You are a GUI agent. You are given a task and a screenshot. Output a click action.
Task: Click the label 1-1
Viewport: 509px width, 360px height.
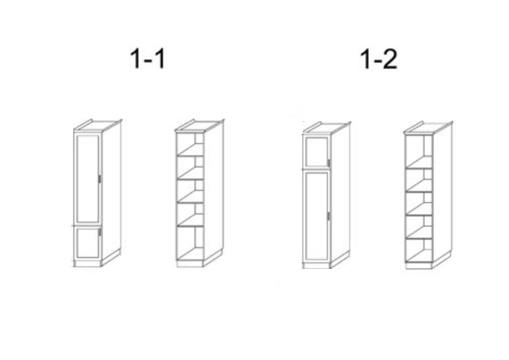point(148,59)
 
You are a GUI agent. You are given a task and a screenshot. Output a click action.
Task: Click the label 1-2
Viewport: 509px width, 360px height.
point(379,60)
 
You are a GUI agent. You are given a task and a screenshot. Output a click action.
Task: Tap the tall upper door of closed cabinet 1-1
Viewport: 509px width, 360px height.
point(88,179)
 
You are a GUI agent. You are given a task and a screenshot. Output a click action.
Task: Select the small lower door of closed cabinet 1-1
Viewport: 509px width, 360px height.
point(88,243)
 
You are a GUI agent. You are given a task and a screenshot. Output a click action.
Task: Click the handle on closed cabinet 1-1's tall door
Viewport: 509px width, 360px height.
point(99,179)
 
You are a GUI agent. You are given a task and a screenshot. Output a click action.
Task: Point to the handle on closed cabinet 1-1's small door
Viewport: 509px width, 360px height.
point(99,232)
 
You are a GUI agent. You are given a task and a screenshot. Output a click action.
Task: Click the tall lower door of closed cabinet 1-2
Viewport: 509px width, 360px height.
point(317,216)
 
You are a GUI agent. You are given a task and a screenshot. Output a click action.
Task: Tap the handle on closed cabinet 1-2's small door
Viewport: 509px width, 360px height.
point(328,163)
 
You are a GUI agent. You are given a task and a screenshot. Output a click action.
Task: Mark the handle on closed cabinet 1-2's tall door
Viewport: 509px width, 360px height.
point(328,216)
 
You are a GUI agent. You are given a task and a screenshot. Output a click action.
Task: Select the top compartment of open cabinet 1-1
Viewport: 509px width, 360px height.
point(190,144)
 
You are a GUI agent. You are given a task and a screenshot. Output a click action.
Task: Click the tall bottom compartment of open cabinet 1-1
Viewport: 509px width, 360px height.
point(190,243)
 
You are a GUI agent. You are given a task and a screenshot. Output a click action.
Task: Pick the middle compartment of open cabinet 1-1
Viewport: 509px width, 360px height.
point(190,190)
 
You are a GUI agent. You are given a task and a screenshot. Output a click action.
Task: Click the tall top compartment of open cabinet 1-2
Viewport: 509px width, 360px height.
point(419,151)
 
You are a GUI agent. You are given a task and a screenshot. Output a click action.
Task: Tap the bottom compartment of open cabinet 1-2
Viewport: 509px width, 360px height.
point(419,251)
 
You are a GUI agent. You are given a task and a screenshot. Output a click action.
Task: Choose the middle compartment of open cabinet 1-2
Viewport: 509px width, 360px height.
point(419,204)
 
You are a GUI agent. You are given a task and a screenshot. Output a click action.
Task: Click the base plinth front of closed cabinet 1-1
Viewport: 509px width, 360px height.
point(88,264)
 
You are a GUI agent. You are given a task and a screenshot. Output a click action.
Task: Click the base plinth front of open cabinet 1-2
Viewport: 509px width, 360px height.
point(419,265)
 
